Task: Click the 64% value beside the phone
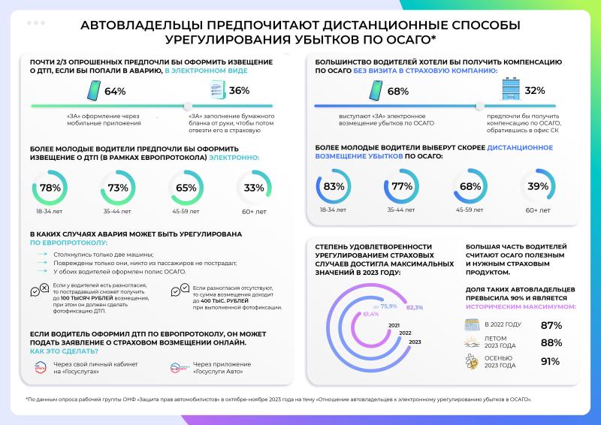[114, 92]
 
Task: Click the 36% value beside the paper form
[239, 92]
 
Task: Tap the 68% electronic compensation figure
[397, 92]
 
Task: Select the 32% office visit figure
[535, 92]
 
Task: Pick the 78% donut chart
[50, 188]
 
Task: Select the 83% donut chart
[333, 187]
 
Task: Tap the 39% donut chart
[536, 187]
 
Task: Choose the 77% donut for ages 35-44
[402, 187]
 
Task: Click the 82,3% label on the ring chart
[415, 308]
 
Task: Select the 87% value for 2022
[551, 325]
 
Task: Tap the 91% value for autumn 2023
[551, 361]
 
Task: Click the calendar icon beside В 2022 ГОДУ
[472, 325]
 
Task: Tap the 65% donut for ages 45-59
[186, 188]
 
